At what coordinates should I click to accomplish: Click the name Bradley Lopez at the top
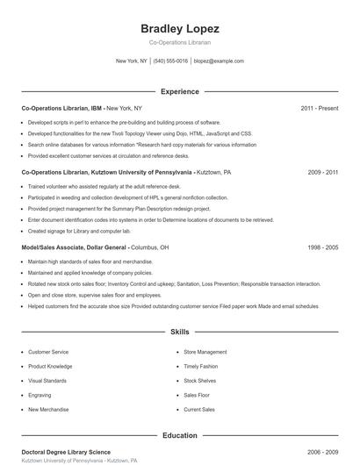pyautogui.click(x=179, y=29)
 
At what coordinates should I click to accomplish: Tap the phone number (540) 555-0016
pyautogui.click(x=170, y=61)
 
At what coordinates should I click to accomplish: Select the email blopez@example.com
pyautogui.click(x=219, y=61)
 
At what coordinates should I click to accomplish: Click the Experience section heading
pyautogui.click(x=179, y=91)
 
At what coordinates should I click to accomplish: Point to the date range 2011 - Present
pyautogui.click(x=319, y=108)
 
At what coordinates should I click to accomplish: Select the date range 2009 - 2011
pyautogui.click(x=322, y=173)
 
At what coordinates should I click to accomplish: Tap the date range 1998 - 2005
pyautogui.click(x=322, y=248)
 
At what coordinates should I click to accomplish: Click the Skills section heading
pyautogui.click(x=179, y=333)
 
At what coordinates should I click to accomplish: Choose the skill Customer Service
pyautogui.click(x=48, y=352)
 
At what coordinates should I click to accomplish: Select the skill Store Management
pyautogui.click(x=205, y=352)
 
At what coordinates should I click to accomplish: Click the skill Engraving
pyautogui.click(x=40, y=395)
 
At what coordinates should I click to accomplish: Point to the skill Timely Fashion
pyautogui.click(x=201, y=366)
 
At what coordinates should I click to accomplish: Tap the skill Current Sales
pyautogui.click(x=199, y=410)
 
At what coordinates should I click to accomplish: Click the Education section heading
pyautogui.click(x=179, y=435)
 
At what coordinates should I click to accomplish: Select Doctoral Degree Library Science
pyautogui.click(x=66, y=452)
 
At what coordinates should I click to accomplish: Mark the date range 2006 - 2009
pyautogui.click(x=322, y=452)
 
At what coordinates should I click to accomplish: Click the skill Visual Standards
pyautogui.click(x=47, y=381)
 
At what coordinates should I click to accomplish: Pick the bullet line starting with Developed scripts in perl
pyautogui.click(x=124, y=122)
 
